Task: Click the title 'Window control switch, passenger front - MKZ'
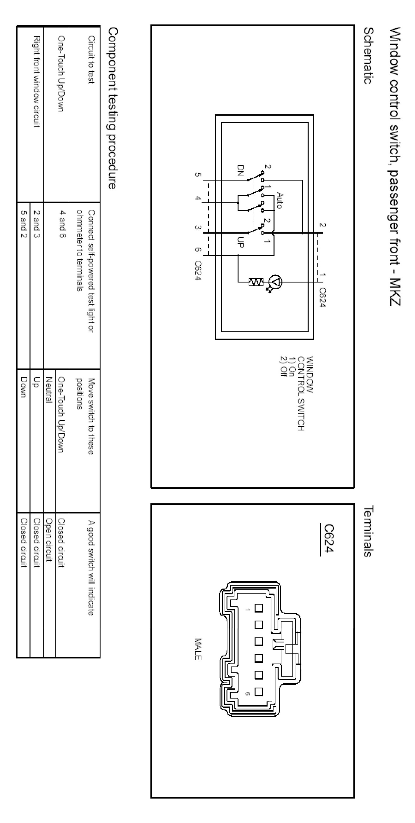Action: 395,166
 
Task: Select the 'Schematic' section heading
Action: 368,56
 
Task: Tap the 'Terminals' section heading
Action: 368,531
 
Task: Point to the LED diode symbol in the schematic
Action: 275,282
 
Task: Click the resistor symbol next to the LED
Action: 256,282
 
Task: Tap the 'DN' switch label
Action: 240,171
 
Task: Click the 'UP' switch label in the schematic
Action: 240,242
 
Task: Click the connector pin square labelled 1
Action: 258,608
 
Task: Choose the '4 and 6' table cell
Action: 63,224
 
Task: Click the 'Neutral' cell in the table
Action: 49,390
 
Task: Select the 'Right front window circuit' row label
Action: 36,82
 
